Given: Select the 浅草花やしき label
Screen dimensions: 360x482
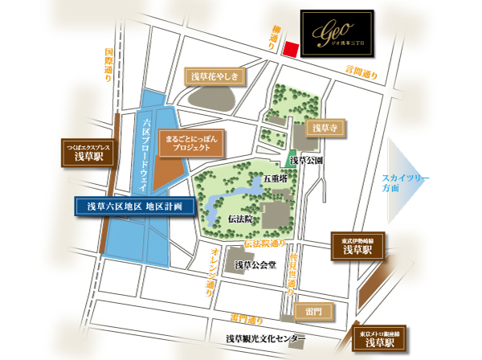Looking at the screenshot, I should click(214, 76).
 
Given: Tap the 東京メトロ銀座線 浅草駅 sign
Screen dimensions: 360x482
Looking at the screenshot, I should click(379, 337).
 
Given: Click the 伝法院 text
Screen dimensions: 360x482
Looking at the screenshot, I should click(239, 218).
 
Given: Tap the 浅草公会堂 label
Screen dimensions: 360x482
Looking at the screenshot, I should click(255, 264).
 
